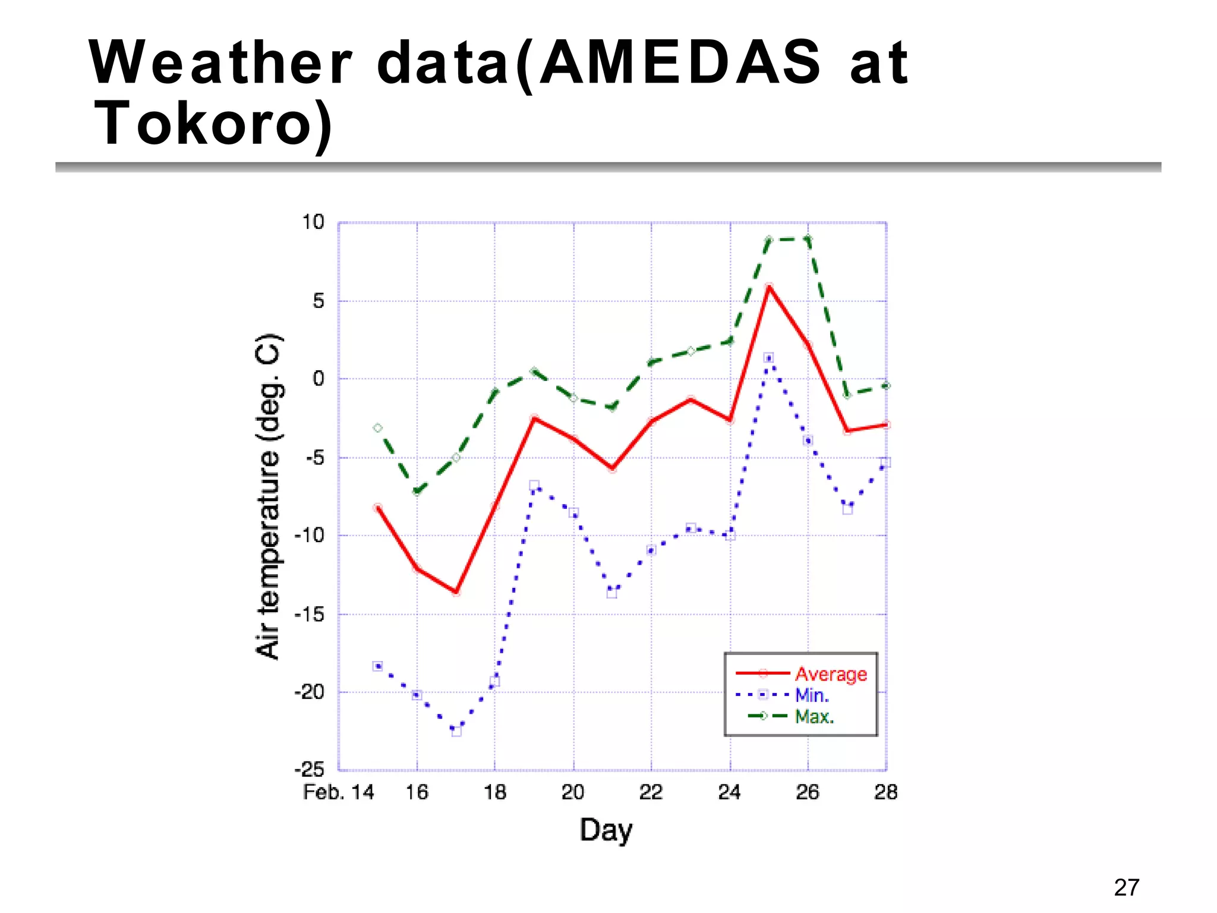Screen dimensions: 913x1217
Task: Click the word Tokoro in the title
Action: coord(213,123)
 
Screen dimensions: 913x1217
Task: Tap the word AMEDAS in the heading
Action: coord(679,62)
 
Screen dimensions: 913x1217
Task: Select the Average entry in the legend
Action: coord(830,674)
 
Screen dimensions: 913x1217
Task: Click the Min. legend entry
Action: coord(812,695)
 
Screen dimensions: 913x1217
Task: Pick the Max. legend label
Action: coord(814,716)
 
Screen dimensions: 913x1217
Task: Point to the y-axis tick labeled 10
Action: coord(313,222)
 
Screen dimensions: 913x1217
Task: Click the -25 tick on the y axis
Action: coord(310,770)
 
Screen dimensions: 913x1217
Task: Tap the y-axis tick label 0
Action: coord(319,379)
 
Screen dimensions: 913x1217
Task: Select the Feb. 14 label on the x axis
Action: coord(338,792)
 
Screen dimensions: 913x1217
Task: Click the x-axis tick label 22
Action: coord(651,792)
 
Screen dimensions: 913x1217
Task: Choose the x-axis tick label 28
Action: coord(885,792)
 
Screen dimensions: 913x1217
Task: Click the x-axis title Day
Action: coord(606,830)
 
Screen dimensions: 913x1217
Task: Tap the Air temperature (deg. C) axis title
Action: coord(268,497)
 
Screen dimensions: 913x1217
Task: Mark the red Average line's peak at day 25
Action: coord(769,287)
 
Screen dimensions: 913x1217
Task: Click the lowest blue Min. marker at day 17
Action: coord(456,731)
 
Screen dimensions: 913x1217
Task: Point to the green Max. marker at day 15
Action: coord(377,428)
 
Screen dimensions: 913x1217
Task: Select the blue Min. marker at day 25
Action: coord(768,358)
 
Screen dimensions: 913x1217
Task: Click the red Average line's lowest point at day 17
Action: coord(456,592)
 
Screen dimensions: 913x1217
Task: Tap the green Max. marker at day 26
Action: coord(808,239)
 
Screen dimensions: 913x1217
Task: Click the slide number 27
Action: coord(1126,887)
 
